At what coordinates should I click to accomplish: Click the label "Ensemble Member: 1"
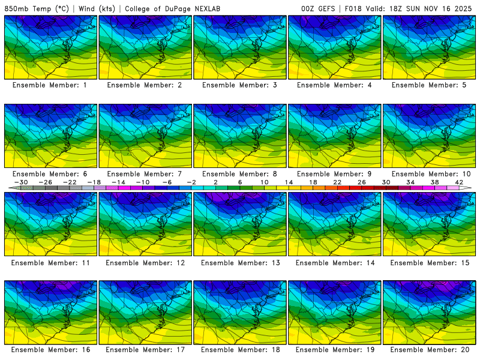50,85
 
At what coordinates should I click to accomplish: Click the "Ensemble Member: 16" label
50,350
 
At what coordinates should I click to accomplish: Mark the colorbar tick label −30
21,182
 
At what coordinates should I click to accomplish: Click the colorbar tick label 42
459,182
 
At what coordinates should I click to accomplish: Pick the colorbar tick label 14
289,182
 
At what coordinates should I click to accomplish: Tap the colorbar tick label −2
191,182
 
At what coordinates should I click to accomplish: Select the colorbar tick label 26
362,182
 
